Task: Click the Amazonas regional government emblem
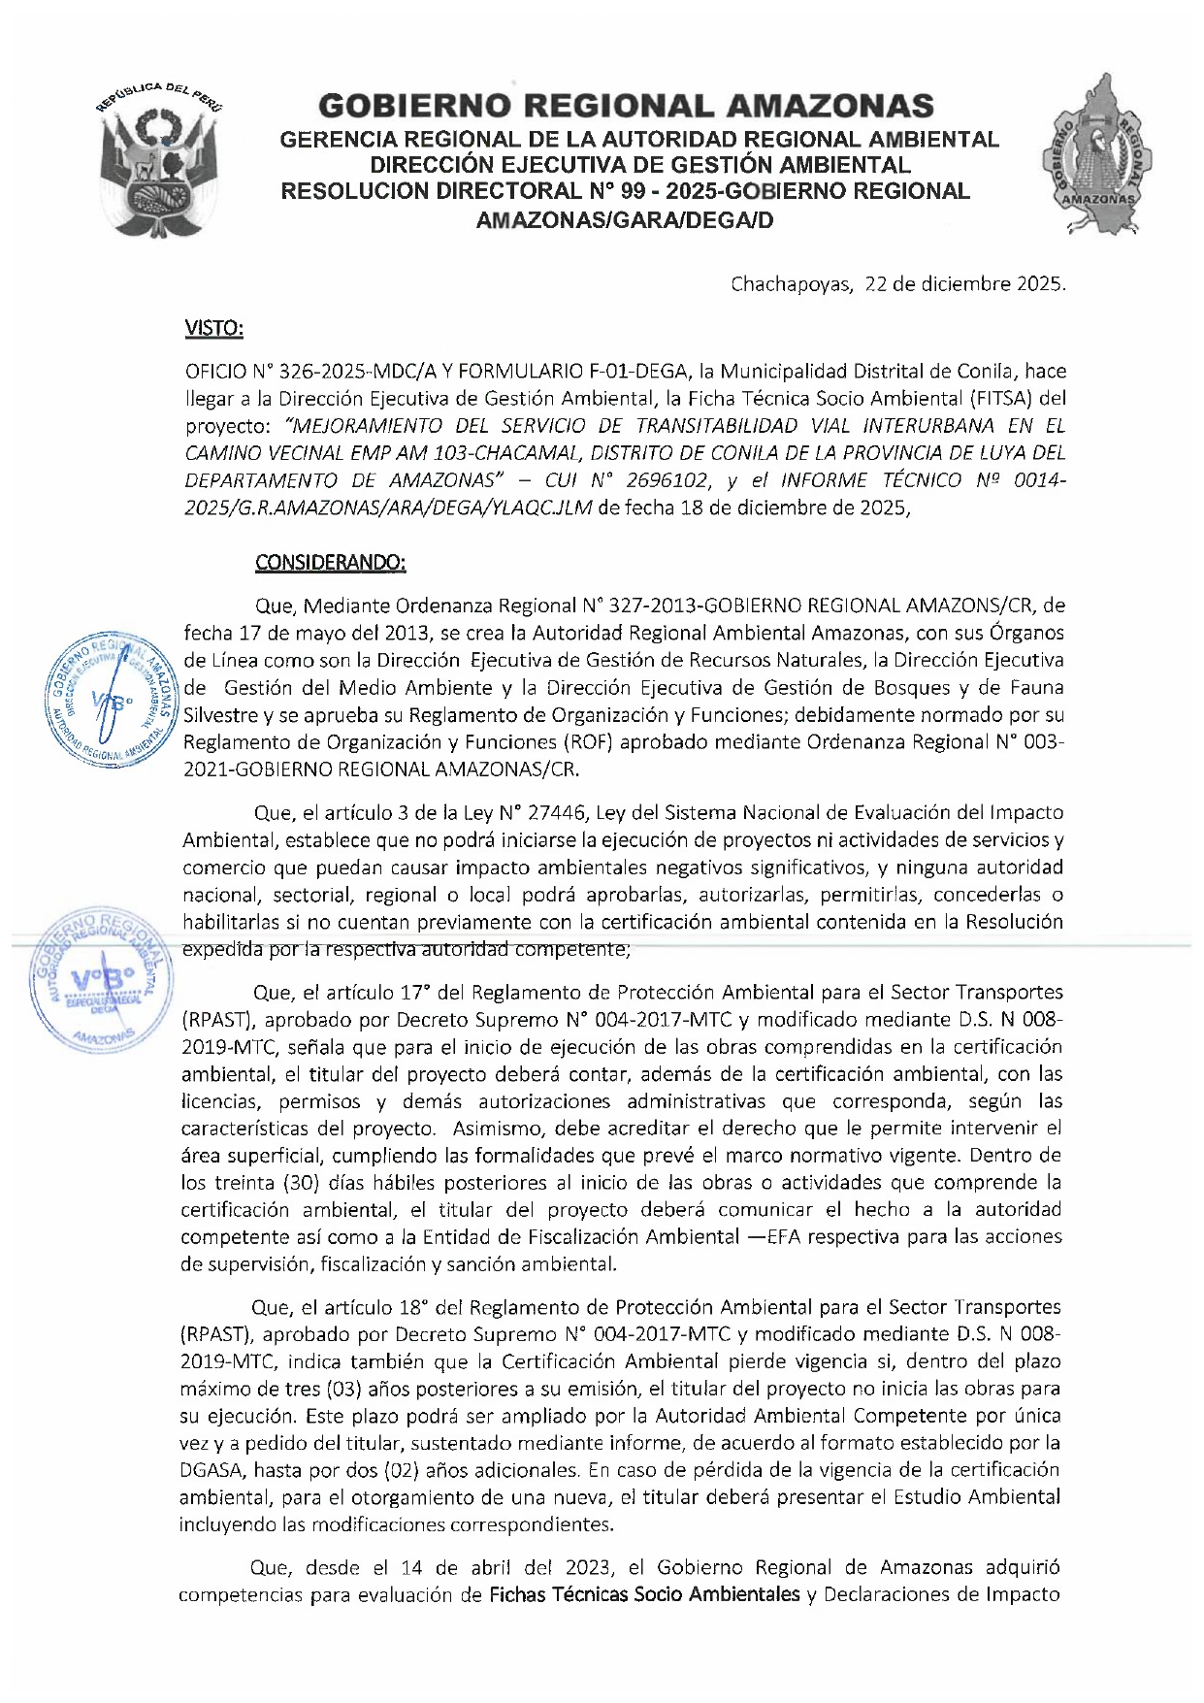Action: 1100,155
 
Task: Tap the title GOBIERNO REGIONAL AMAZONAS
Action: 626,106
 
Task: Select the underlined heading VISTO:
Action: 213,329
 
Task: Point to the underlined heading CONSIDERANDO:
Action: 330,563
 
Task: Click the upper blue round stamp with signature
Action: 112,699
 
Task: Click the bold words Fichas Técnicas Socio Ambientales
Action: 644,1594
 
